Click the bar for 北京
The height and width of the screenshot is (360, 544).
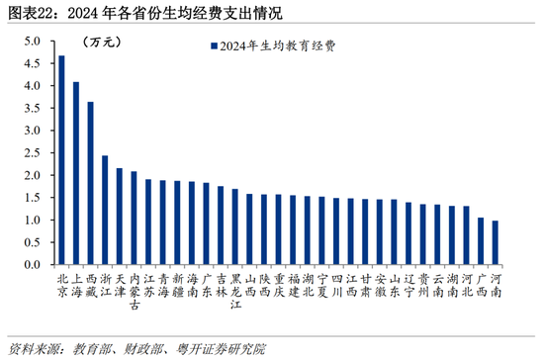61,160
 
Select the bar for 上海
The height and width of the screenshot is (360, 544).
76,173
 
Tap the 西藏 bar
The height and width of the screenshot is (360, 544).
91,183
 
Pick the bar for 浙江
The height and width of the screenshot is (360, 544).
105,210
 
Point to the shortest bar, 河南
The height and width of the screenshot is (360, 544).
496,242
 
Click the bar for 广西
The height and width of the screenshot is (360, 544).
481,241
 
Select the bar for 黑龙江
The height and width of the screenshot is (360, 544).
234,226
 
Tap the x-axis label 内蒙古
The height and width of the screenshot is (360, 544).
135,292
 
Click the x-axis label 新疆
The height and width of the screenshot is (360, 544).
178,285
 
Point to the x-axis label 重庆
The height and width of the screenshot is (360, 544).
279,285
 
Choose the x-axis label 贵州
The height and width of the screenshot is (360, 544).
423,285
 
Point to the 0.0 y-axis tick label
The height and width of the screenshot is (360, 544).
33,265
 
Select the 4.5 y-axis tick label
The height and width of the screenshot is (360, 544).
33,63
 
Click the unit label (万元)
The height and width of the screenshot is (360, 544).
102,43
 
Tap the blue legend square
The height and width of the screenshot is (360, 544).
214,46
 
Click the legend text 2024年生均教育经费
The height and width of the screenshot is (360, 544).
278,46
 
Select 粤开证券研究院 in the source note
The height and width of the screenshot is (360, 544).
221,349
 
